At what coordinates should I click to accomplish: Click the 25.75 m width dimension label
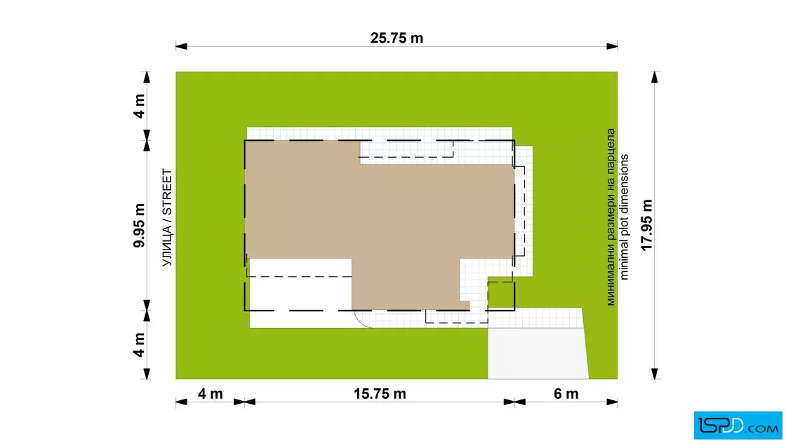[x=397, y=38]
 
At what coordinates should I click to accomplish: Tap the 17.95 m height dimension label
[x=646, y=225]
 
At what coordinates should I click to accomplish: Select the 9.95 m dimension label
[x=139, y=225]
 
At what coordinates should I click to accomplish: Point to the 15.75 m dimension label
[x=380, y=394]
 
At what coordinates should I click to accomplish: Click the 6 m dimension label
[x=566, y=394]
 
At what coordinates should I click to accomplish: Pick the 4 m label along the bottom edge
[x=210, y=394]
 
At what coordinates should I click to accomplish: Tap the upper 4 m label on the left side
[x=139, y=106]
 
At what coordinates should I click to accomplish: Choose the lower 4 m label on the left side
[x=139, y=345]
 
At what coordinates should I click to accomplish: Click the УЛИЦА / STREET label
[x=167, y=217]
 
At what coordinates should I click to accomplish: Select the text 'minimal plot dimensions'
[x=624, y=217]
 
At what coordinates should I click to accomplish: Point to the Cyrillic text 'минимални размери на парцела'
[x=611, y=217]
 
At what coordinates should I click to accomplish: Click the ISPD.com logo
[x=738, y=425]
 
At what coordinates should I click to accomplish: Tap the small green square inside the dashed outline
[x=501, y=295]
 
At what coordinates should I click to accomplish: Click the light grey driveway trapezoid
[x=538, y=353]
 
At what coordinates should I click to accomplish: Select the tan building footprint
[x=380, y=225]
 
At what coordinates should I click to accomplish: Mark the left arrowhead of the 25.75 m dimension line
[x=181, y=46]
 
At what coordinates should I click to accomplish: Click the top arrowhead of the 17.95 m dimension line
[x=654, y=77]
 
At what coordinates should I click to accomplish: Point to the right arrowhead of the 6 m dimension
[x=611, y=402]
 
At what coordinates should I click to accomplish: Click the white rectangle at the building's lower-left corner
[x=300, y=293]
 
